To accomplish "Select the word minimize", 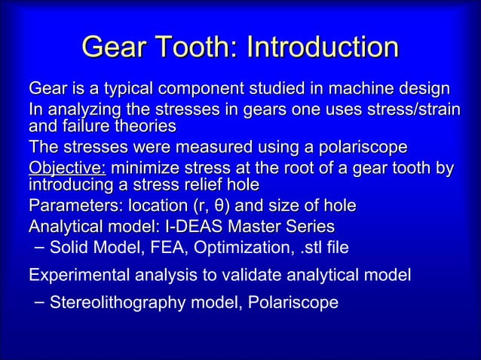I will tap(144, 168).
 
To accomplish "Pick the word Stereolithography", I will tap(119, 303).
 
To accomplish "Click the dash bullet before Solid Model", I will tap(38, 246).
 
